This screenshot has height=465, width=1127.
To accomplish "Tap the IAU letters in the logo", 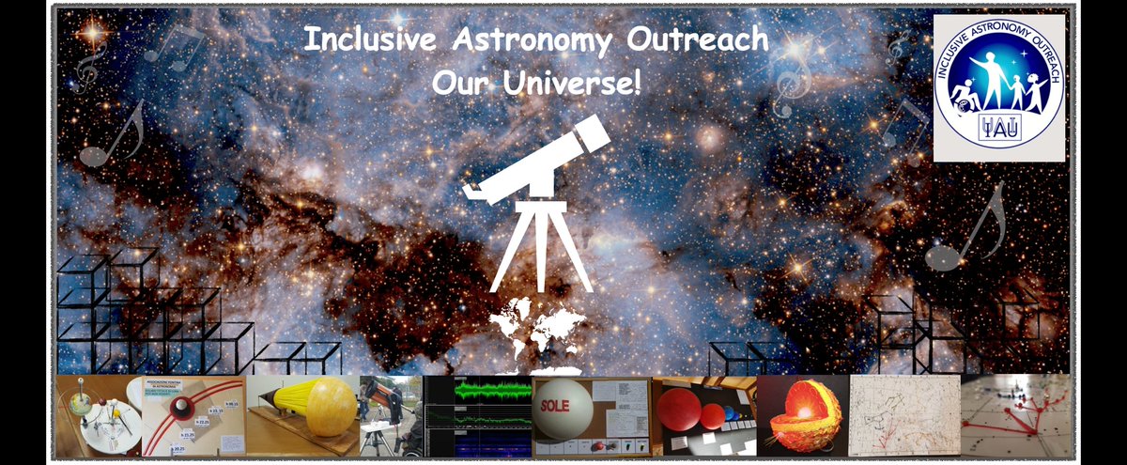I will coord(998,130).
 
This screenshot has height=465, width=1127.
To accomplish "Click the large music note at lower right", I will coord(967,230).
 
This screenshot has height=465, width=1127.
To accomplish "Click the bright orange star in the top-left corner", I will coord(92,33).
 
